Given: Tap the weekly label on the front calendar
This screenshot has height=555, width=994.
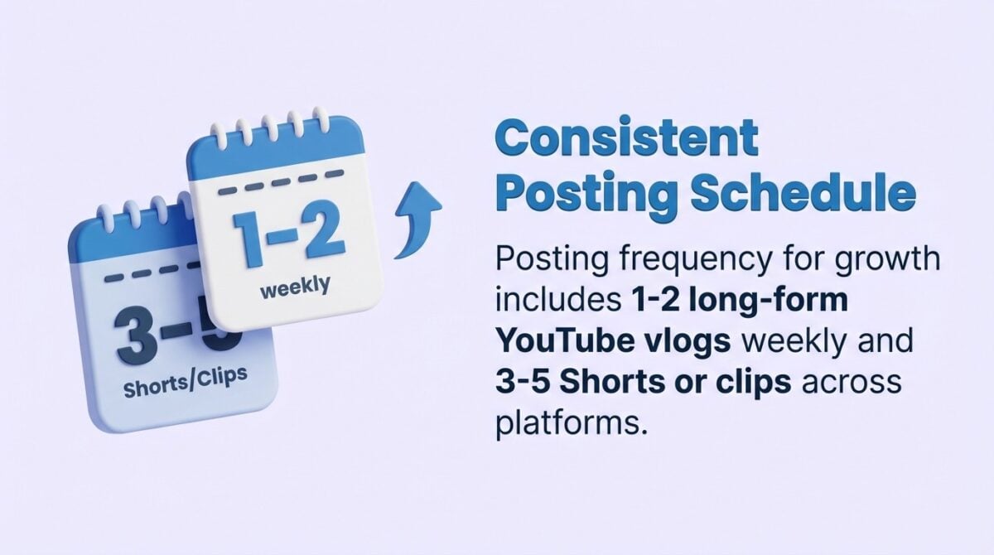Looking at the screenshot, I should pos(295,288).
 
